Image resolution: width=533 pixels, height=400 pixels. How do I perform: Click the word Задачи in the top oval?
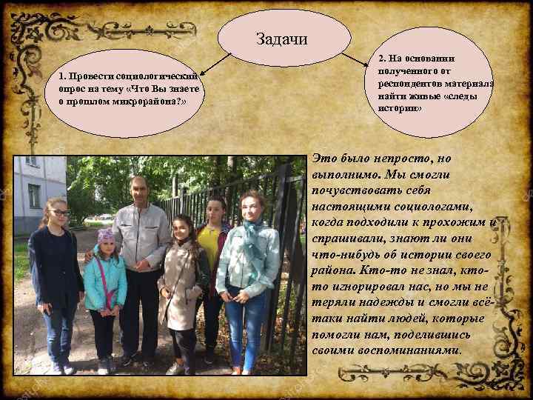(x=281, y=38)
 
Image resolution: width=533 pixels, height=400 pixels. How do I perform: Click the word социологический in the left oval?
(x=157, y=76)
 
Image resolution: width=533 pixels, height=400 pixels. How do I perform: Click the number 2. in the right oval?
(x=382, y=58)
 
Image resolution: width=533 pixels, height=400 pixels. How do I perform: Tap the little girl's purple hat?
(x=106, y=236)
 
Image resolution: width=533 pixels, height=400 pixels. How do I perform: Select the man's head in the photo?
(x=138, y=190)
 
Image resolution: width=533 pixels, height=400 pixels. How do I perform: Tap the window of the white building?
(x=34, y=196)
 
